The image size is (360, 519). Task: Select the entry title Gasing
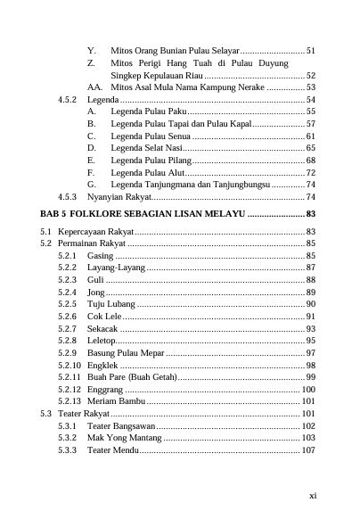102,255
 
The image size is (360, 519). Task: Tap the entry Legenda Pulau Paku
148,111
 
